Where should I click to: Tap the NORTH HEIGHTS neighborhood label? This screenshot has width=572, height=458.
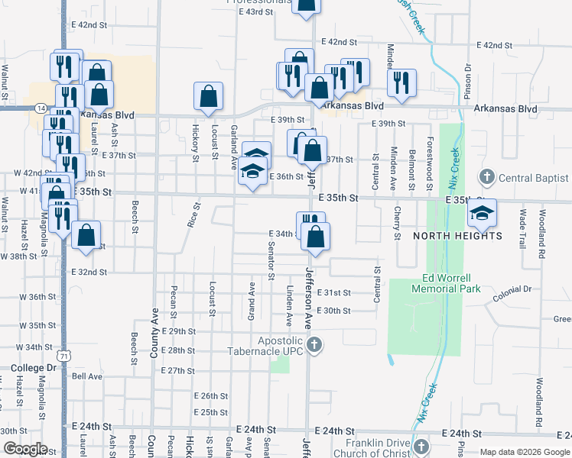(x=458, y=236)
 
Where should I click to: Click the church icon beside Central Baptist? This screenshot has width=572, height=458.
(x=486, y=178)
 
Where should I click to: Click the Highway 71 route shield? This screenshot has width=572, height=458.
(x=63, y=356)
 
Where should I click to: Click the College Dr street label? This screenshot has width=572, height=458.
(x=34, y=367)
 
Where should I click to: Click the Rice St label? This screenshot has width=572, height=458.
(x=193, y=214)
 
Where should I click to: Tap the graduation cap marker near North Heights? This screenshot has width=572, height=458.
(x=482, y=213)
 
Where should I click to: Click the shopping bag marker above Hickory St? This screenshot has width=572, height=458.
(x=209, y=98)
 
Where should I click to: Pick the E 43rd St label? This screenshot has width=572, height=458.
(x=255, y=12)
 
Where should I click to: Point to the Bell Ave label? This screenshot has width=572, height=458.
(x=86, y=376)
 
